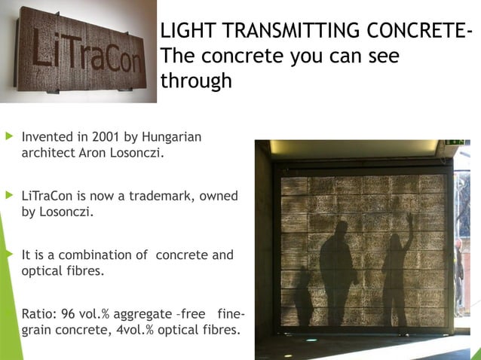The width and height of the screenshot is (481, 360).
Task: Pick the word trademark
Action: pyautogui.click(x=163, y=197)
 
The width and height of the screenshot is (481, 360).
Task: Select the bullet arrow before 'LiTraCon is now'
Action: pyautogui.click(x=9, y=197)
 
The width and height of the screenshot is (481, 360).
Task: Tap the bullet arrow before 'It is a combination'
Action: pyautogui.click(x=9, y=255)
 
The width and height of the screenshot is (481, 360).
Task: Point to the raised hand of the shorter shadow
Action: pyautogui.click(x=409, y=221)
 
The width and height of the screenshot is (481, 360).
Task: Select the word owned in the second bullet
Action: pyautogui.click(x=219, y=197)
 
